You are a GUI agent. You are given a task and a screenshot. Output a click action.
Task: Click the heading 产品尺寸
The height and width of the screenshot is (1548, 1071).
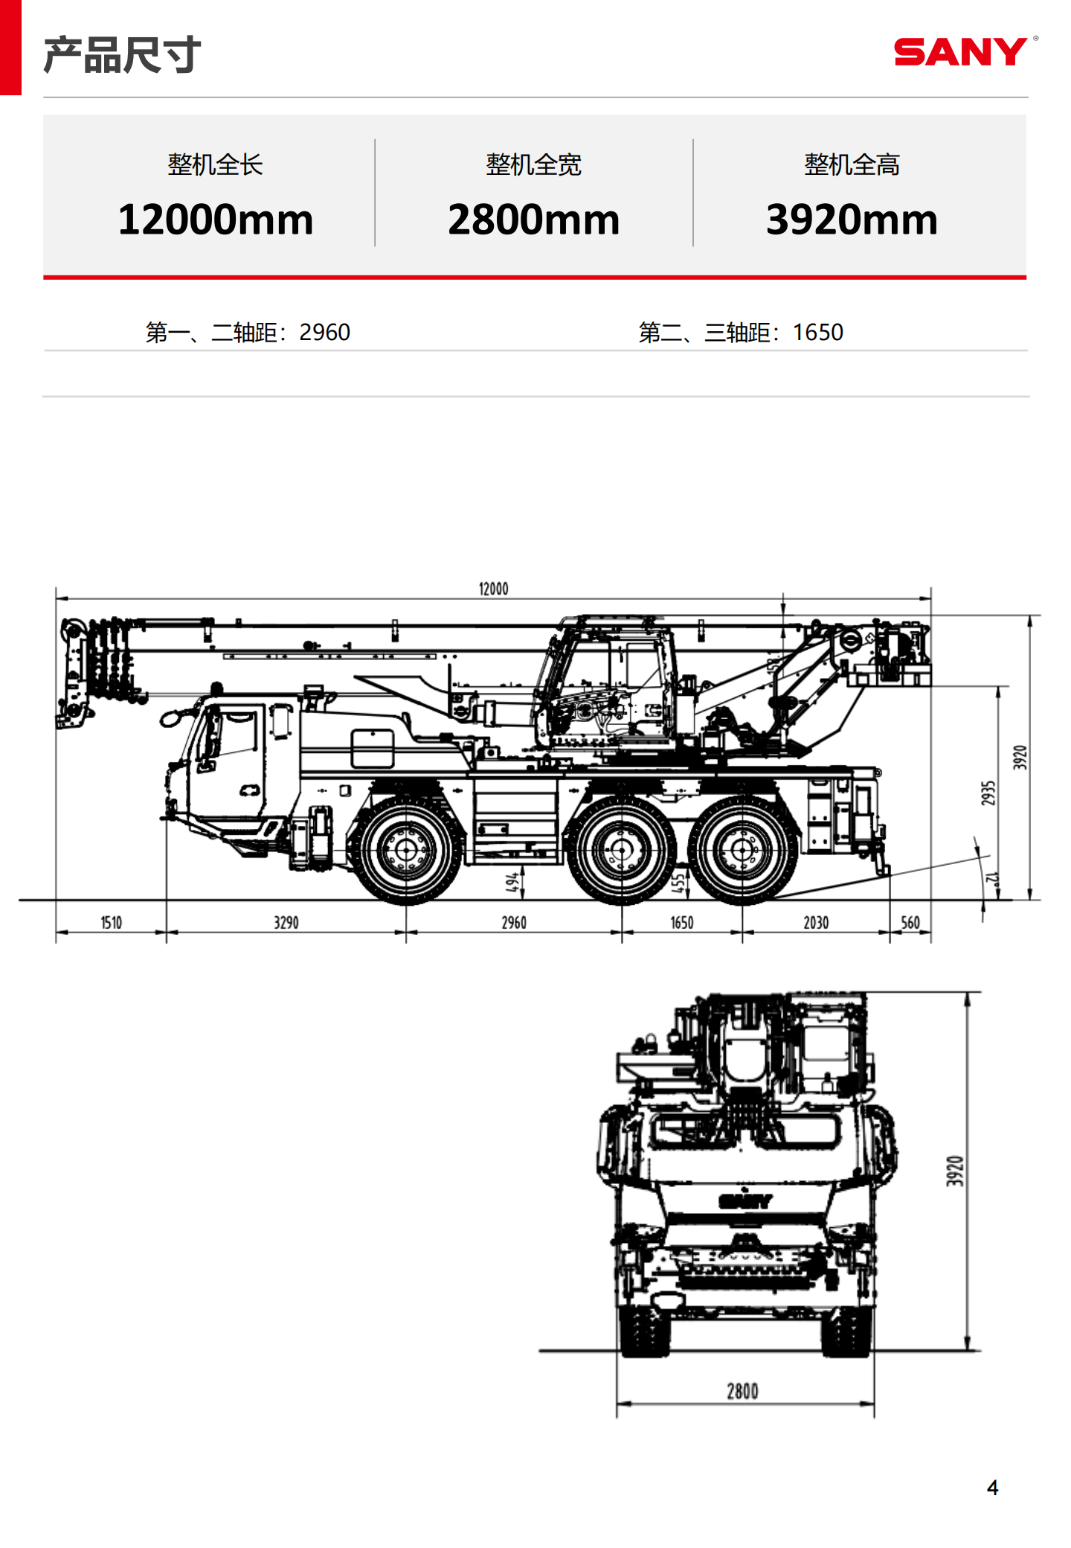(122, 55)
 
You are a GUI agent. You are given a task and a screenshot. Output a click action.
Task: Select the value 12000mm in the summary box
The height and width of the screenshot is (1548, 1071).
(215, 220)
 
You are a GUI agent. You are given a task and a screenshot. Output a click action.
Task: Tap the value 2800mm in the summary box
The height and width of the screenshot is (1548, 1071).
(533, 220)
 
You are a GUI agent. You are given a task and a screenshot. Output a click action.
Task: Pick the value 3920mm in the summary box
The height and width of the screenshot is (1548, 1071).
(852, 220)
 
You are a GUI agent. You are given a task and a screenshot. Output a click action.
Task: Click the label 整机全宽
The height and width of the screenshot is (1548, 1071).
(533, 164)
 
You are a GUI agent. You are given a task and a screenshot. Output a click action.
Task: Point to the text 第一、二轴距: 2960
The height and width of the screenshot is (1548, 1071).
(248, 332)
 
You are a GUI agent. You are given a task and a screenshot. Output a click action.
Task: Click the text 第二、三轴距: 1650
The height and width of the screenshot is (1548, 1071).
(741, 332)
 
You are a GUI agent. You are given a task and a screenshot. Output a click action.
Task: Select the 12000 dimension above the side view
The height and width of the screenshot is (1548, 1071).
(493, 589)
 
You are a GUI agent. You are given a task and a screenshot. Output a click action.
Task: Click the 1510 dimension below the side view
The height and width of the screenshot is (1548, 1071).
(112, 923)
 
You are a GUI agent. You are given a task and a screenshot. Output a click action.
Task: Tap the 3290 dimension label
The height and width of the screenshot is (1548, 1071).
(286, 923)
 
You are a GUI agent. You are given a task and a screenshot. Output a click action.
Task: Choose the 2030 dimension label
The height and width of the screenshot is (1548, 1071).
(816, 923)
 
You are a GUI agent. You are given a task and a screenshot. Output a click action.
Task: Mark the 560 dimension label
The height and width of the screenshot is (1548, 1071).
(910, 923)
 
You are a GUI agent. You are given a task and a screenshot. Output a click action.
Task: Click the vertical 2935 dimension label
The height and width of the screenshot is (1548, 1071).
(988, 793)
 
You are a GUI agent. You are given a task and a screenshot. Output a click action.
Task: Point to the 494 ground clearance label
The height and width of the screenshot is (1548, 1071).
(512, 882)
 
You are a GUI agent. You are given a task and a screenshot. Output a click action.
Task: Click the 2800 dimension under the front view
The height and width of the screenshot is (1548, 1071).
(742, 1391)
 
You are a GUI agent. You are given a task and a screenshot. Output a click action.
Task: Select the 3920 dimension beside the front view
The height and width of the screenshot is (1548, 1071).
(955, 1171)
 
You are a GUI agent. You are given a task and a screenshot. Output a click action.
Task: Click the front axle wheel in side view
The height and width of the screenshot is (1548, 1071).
(406, 850)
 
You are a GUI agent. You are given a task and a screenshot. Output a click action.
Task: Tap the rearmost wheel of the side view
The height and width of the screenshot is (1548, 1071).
(742, 850)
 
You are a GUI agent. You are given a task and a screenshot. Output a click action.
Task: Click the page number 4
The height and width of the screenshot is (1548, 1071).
(992, 1488)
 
